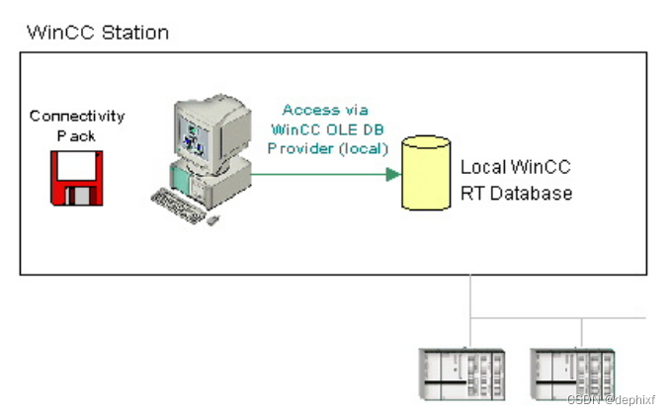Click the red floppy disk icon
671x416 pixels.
tap(77, 178)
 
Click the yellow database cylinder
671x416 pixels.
tap(425, 174)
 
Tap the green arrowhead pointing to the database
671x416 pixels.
tap(392, 174)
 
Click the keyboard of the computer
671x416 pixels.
tap(185, 206)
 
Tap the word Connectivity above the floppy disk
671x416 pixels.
tap(76, 116)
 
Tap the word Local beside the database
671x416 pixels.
tap(485, 167)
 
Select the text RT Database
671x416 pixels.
tap(516, 194)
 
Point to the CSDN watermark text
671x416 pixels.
tap(612, 399)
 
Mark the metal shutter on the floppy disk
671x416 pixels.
tap(77, 194)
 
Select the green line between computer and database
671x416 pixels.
tap(316, 174)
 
